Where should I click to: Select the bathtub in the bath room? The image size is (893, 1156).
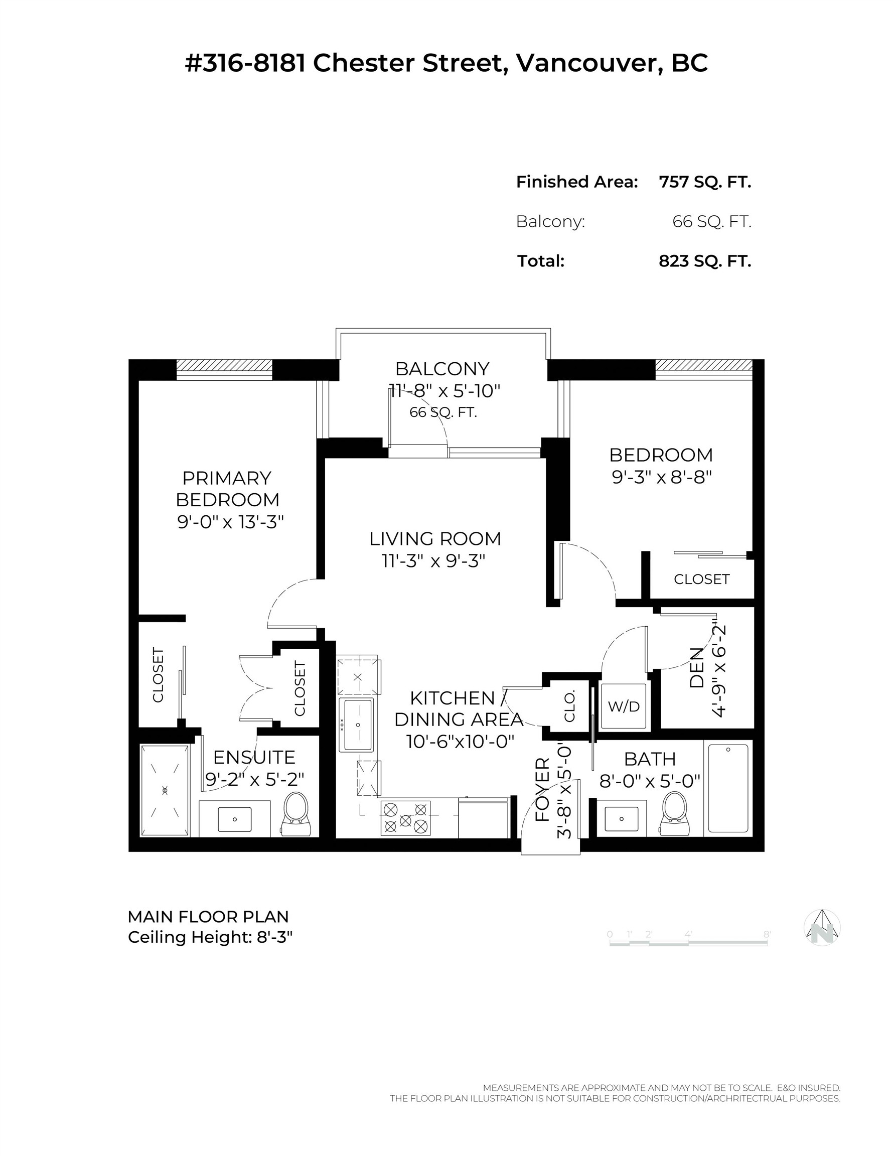(x=728, y=788)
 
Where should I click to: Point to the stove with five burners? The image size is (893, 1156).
(x=405, y=818)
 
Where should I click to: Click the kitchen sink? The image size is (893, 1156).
(x=357, y=725)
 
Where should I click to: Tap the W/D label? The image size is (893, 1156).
(x=624, y=706)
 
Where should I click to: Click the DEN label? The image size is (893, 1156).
(x=697, y=667)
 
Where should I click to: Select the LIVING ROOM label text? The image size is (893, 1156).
(x=435, y=538)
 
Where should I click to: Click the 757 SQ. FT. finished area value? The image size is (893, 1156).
(x=704, y=182)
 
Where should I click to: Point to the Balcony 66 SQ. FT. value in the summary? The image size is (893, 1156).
(x=711, y=221)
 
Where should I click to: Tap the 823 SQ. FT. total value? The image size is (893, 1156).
(x=704, y=261)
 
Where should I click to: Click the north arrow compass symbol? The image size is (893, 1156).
(x=822, y=927)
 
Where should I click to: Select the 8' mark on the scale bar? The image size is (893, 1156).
(x=767, y=934)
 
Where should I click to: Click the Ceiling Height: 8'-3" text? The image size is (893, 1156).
(x=210, y=937)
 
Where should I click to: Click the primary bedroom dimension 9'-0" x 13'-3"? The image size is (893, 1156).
(x=230, y=522)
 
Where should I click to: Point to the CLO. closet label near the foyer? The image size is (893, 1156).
(x=569, y=706)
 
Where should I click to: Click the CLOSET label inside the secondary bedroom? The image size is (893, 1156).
(x=701, y=579)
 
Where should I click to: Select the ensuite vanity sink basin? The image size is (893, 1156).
(x=234, y=819)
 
